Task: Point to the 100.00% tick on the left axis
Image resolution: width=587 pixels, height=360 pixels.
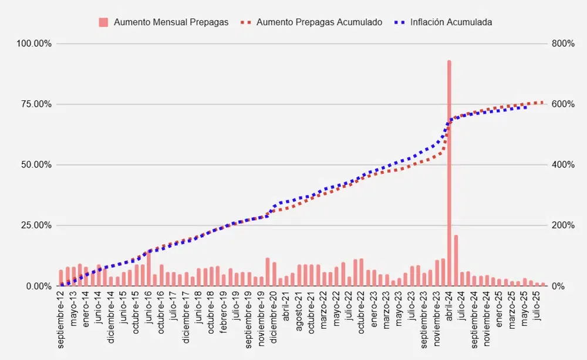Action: [35, 44]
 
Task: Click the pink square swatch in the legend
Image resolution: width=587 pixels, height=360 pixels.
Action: [104, 22]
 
